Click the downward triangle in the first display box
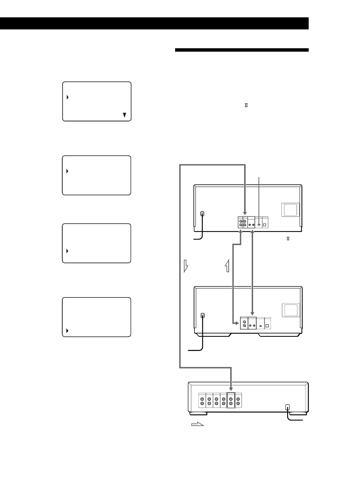pos(125,115)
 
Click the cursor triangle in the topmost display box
pos(68,97)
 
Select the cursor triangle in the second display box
pos(68,171)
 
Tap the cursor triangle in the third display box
pos(68,251)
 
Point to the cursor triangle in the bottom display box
pos(68,331)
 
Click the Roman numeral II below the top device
pos(288,239)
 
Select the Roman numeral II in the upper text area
pos(246,105)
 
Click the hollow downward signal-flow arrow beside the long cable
pos(186,266)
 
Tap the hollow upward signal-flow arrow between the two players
pos(227,266)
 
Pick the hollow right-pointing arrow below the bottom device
pos(198,424)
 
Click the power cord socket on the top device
pos(202,214)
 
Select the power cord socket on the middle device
pos(203,315)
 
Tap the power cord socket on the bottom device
pos(288,407)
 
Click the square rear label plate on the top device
pos(290,210)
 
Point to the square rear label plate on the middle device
pos(291,310)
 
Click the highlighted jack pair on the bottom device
pos(231,400)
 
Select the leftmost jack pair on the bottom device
pos(202,400)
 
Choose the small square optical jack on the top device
pos(265,225)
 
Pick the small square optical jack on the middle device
pos(267,326)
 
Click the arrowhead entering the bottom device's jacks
pos(231,389)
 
